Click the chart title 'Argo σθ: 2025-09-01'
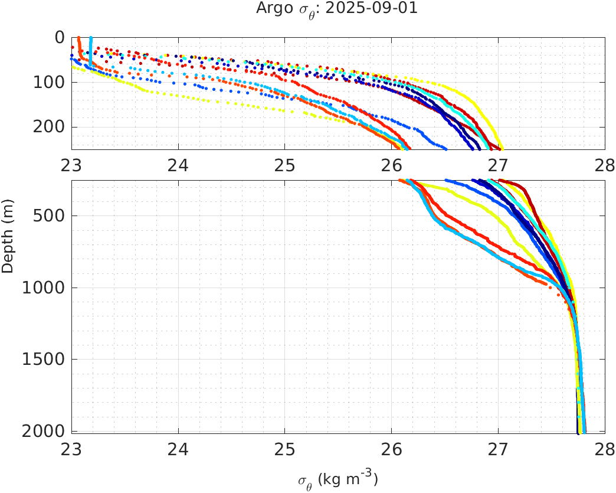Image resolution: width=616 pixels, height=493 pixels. coord(337,9)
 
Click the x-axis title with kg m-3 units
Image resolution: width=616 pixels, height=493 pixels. coord(338,479)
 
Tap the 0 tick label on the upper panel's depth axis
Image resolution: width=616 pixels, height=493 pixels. coord(60,37)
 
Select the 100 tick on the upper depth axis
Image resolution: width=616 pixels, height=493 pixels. coord(50,82)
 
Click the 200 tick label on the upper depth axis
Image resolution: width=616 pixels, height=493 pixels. coord(50,127)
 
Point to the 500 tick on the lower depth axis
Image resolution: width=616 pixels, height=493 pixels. coord(50,216)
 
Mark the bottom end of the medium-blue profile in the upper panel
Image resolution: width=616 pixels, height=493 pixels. coord(445,149)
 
